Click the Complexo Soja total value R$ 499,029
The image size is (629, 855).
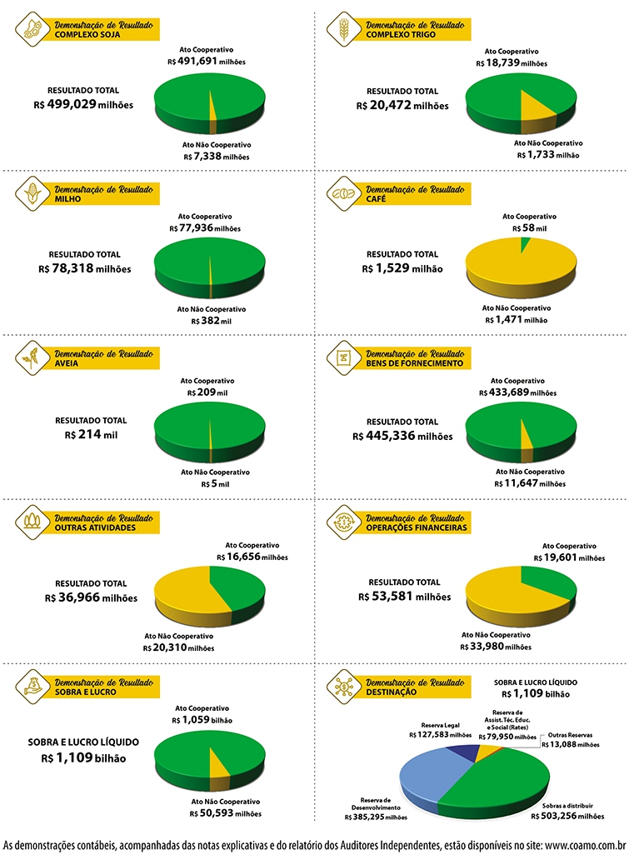point(83,105)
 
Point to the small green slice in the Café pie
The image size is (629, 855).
point(525,243)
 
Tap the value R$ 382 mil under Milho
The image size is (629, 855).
point(211,321)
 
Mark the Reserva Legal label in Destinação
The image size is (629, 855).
point(441,725)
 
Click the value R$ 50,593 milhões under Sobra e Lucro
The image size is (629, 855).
point(226,814)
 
